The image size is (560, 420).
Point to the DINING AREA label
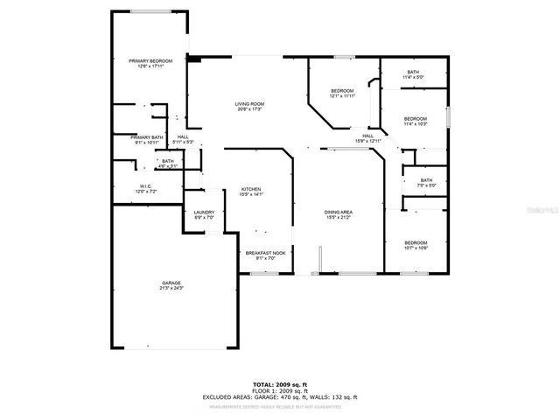tap(338, 213)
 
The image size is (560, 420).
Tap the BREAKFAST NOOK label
tap(265, 255)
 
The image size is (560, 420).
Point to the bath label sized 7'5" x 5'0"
tap(425, 182)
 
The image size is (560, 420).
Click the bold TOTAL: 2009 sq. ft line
tap(279, 384)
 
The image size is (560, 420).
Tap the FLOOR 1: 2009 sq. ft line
tap(279, 390)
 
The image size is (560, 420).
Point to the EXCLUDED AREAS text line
tap(279, 397)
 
